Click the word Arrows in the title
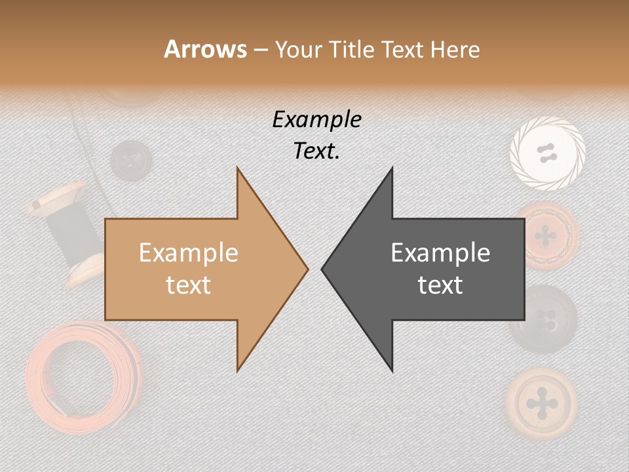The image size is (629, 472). coord(206,49)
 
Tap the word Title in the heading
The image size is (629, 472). coord(351,49)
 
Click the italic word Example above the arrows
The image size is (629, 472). coord(316,119)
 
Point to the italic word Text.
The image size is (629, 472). coord(316,151)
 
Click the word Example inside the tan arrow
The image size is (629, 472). coord(188,252)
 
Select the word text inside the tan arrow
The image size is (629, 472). coord(188,285)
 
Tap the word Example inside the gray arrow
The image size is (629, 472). coord(440,252)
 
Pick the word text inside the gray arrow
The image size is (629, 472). coord(440,285)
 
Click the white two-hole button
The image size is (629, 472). coord(547,153)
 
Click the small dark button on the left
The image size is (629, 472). coord(130,159)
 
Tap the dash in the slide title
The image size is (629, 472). coord(260,50)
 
